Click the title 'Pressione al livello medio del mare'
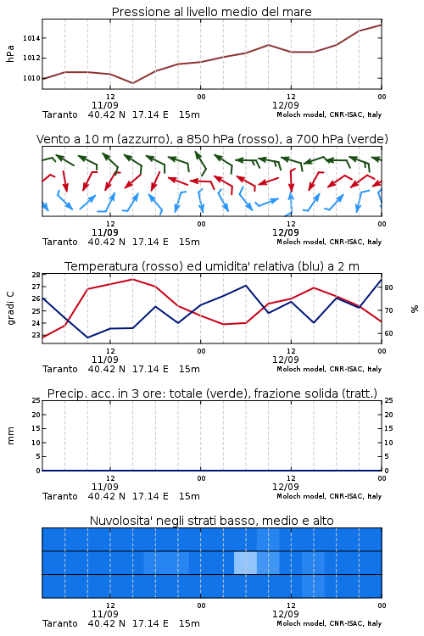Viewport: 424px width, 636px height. [211, 12]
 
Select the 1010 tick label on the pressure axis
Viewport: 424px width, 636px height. [31, 78]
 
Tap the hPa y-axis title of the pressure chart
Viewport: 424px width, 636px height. [10, 53]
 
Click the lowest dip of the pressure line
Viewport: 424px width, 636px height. [132, 83]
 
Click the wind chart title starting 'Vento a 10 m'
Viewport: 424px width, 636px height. [212, 139]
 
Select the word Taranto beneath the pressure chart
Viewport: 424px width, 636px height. [59, 114]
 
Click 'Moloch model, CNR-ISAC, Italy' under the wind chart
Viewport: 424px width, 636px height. [329, 242]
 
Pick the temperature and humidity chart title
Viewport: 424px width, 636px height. [212, 266]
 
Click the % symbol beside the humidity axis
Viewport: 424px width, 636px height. [415, 309]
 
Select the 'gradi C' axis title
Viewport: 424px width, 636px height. [10, 308]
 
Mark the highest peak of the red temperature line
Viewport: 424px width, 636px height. [132, 279]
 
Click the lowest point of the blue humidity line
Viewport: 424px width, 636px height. [87, 338]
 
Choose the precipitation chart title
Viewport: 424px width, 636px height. [212, 393]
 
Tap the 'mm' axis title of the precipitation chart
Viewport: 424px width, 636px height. [10, 436]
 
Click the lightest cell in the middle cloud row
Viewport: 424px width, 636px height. [245, 562]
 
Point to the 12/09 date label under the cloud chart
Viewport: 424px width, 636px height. [286, 614]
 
